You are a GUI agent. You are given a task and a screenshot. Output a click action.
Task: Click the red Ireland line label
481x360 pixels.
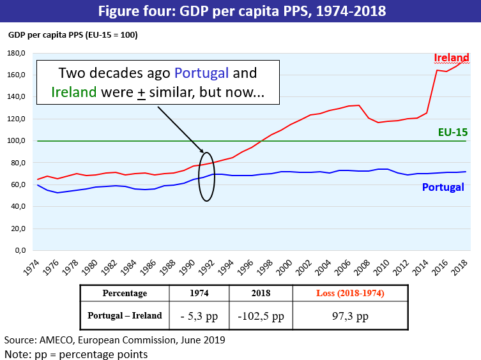(x=452, y=58)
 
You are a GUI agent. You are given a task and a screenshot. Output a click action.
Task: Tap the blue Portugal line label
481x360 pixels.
(x=443, y=188)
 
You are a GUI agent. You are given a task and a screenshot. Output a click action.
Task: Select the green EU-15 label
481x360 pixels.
(x=452, y=133)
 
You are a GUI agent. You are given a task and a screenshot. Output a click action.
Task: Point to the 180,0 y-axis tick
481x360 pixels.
(x=15, y=53)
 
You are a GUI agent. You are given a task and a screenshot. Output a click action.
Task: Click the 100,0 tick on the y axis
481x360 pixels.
(x=15, y=141)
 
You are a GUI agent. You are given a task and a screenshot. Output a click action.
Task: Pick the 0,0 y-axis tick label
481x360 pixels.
(x=19, y=251)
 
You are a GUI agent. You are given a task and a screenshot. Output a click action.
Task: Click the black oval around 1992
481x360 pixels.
(x=207, y=176)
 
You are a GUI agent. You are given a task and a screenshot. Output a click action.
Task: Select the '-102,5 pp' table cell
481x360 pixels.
(x=261, y=315)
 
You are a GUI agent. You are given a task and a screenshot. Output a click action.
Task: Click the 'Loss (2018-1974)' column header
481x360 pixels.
(x=347, y=293)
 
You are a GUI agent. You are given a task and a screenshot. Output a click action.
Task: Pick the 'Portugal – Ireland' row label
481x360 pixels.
(x=125, y=315)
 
